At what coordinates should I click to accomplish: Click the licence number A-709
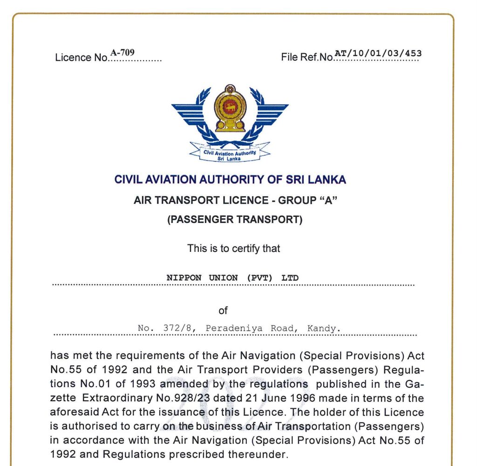coord(123,53)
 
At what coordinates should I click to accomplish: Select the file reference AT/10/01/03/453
coord(378,53)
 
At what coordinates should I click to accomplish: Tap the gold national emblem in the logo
coord(229,108)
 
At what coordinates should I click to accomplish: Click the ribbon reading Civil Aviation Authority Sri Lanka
coord(230,154)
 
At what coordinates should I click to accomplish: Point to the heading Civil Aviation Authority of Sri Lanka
coord(230,180)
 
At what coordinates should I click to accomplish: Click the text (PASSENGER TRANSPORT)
coord(235,220)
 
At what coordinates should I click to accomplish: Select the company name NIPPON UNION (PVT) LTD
coord(232,278)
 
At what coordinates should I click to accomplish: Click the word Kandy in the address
coord(323,328)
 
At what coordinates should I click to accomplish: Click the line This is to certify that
coord(234,248)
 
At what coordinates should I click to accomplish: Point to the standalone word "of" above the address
coord(223,310)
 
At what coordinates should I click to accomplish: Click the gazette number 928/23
coord(222,398)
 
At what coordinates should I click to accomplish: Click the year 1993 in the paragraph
coord(141,384)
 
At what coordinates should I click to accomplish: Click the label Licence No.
coord(82,58)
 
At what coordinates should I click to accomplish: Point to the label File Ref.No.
coord(307,57)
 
